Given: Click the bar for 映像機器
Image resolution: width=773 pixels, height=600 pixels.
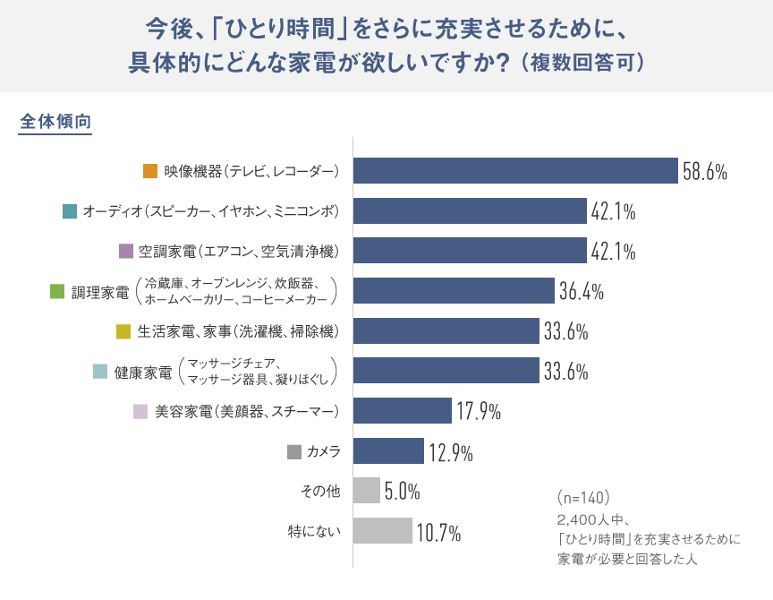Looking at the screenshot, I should (x=515, y=171).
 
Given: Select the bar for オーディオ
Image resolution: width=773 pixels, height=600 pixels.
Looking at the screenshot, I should (x=470, y=211).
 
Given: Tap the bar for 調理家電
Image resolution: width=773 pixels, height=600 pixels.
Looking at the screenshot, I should (x=454, y=291).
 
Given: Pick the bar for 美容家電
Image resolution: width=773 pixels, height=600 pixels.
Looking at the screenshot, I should (x=402, y=411).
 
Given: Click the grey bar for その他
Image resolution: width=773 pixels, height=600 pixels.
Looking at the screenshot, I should (x=367, y=491).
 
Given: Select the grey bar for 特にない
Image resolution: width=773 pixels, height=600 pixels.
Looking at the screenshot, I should (x=382, y=531).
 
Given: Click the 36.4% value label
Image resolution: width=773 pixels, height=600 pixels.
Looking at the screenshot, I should (x=582, y=292).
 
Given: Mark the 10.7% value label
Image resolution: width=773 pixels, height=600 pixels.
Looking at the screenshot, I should (x=438, y=533).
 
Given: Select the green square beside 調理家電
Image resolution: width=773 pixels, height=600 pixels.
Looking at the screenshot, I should (x=57, y=291).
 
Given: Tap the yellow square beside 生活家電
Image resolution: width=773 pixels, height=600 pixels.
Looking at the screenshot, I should (x=123, y=331).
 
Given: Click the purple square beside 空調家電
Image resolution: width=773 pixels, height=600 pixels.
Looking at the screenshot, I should (x=125, y=251).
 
